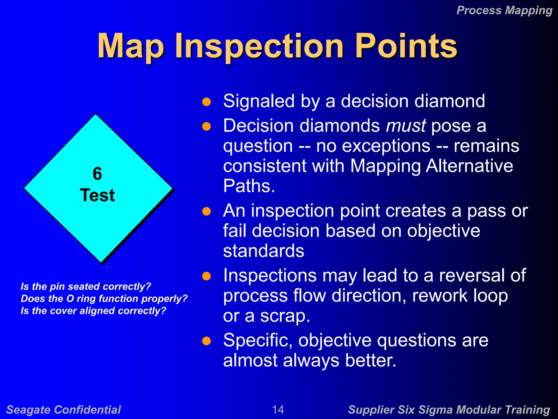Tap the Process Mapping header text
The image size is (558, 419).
504,11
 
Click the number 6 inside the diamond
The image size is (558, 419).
97,174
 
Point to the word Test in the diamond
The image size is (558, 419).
97,195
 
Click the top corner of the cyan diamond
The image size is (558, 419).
96,115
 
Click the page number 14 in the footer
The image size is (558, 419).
278,409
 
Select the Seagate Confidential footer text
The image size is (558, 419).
63,410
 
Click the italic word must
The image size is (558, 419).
406,126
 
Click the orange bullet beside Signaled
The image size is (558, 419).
207,102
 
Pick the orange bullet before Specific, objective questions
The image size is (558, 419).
207,341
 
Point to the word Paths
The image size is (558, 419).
249,186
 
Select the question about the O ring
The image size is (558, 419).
104,299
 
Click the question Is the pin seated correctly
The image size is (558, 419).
86,286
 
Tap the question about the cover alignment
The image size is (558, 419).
93,311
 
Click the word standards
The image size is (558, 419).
263,251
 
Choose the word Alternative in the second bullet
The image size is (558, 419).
469,166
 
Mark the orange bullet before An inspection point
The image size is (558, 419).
207,211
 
